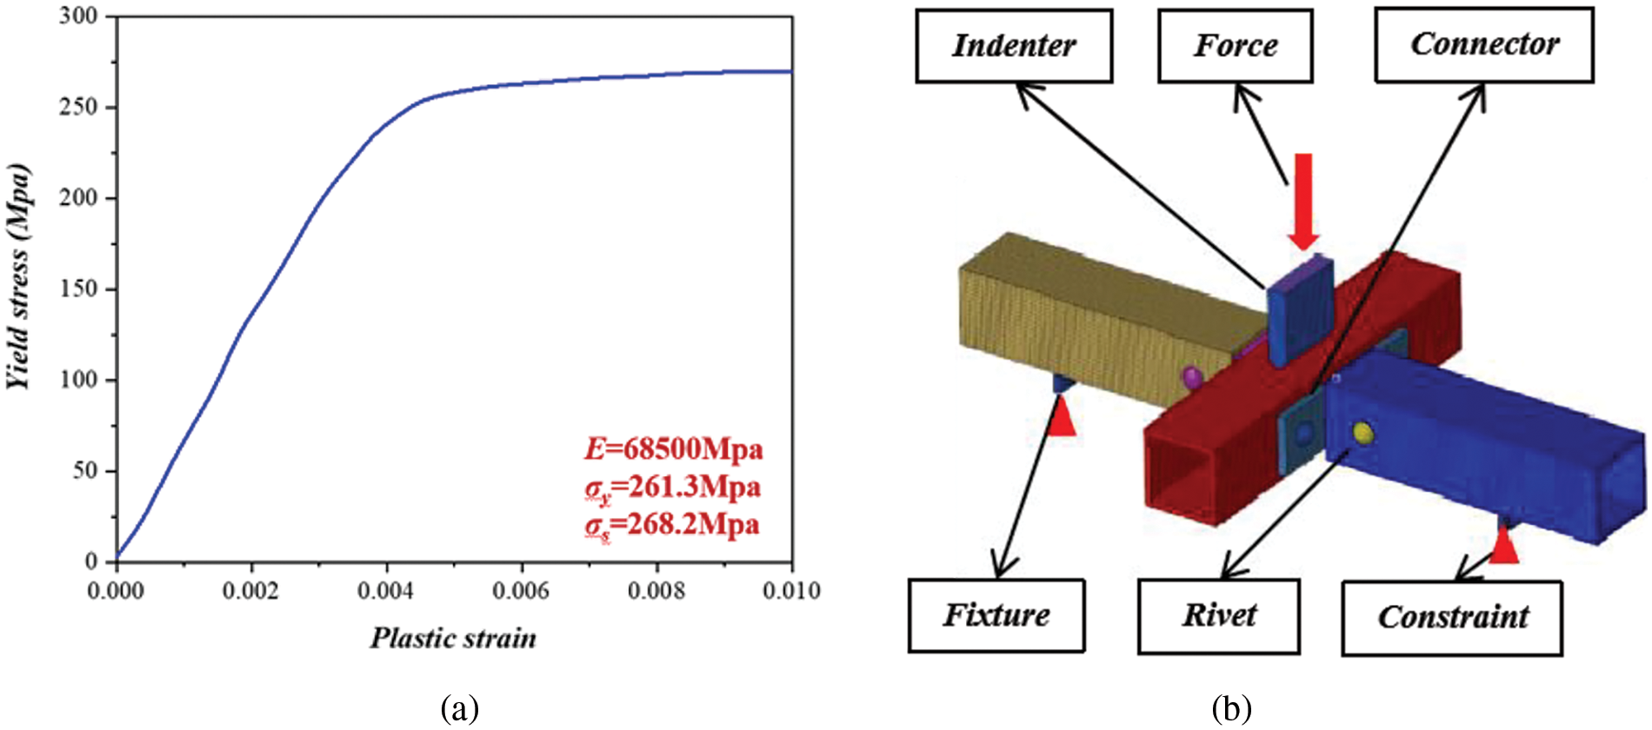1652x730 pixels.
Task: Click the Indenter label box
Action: pos(1014,46)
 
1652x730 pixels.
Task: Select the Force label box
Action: pos(1235,46)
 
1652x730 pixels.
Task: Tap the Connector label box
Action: pos(1483,45)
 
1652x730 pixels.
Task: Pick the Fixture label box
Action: pos(996,615)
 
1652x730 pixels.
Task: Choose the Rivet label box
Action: pos(1218,616)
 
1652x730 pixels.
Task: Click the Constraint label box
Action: pos(1451,617)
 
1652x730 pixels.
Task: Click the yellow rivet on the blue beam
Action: pos(1362,432)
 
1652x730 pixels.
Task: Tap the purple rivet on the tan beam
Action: pos(1192,376)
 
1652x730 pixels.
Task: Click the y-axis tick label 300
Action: pos(78,17)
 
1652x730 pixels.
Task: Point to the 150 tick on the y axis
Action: pos(78,289)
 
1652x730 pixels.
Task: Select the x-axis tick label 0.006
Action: pos(521,591)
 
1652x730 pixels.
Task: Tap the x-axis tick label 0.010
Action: pos(791,591)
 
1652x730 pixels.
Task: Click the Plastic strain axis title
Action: pos(453,639)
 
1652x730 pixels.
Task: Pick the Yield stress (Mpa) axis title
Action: pos(19,276)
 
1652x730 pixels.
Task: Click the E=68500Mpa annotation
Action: pos(673,449)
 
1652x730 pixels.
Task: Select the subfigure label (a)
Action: pos(459,708)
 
